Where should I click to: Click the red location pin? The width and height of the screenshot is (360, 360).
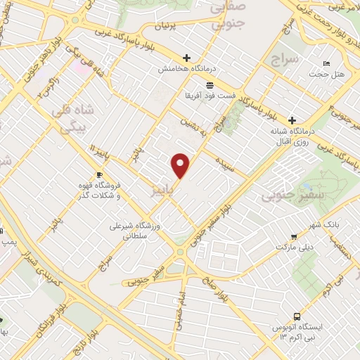[181, 165]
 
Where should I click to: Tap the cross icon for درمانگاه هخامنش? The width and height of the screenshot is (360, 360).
[186, 58]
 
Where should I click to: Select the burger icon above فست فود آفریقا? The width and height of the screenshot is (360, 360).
[191, 84]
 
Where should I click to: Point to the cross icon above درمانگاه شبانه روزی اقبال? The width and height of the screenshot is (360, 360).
[292, 120]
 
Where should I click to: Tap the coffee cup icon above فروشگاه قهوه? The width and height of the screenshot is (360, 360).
[99, 174]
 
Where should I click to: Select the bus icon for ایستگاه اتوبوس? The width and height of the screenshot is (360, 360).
[297, 316]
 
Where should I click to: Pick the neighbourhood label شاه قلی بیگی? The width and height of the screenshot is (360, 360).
[74, 120]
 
